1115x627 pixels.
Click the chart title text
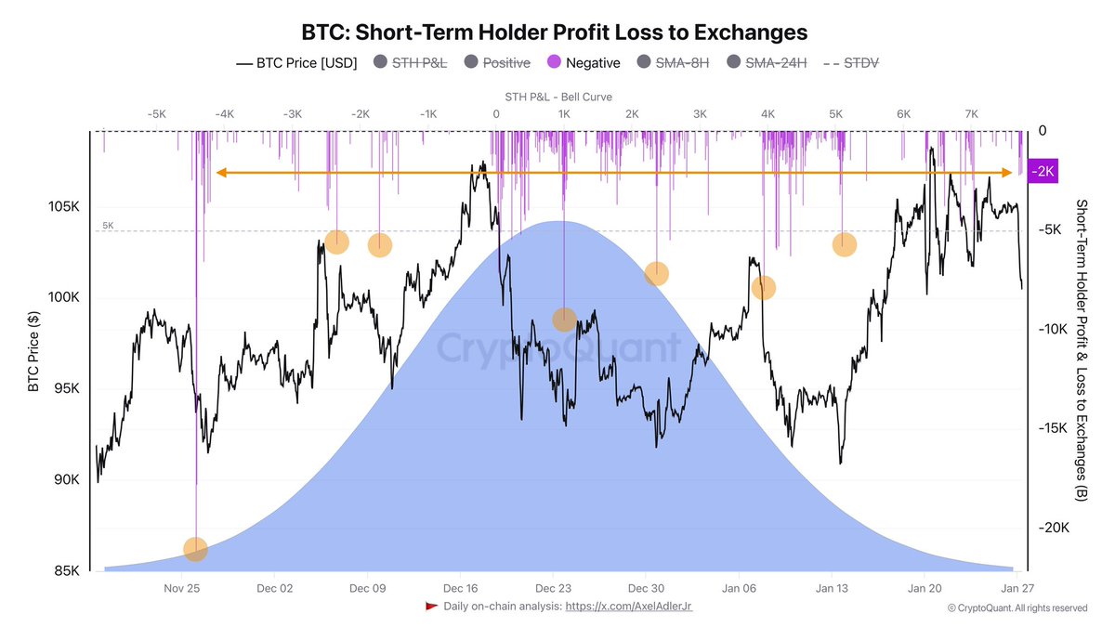point(555,32)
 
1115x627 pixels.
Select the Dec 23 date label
point(553,588)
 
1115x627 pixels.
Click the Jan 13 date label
point(832,588)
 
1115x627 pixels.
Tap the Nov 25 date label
point(182,588)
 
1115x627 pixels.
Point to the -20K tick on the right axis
point(1054,527)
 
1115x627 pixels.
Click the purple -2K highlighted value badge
point(1043,172)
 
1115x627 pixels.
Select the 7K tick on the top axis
point(971,113)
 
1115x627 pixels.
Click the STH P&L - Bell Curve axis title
point(558,97)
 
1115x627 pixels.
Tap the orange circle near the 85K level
point(195,550)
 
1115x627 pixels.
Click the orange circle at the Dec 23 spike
point(564,320)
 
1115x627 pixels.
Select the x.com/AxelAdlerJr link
point(629,607)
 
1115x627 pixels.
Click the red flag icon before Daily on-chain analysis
point(431,607)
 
